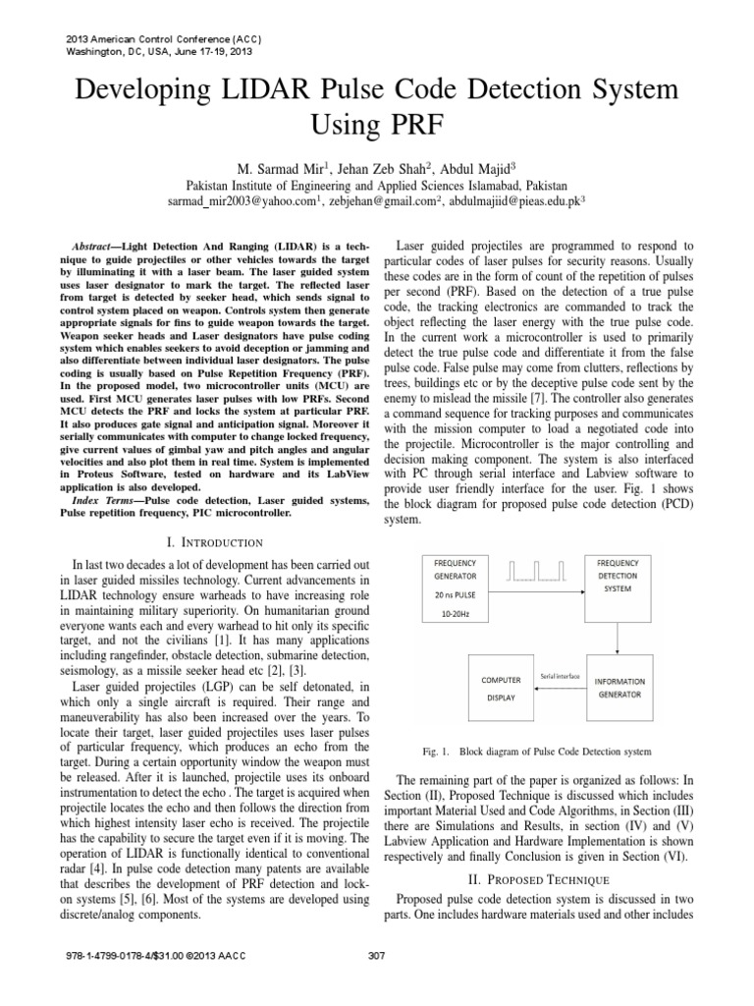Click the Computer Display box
501,688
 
